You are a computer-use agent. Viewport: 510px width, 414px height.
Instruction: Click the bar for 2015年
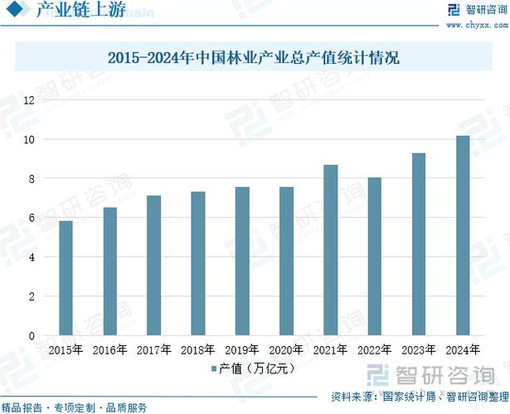point(66,278)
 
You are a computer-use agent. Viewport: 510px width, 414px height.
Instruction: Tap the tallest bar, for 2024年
point(463,235)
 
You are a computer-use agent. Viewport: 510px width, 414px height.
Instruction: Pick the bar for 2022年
point(375,257)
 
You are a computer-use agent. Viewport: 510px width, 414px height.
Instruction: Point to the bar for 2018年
point(198,263)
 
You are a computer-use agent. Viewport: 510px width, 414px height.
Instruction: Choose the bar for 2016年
point(110,272)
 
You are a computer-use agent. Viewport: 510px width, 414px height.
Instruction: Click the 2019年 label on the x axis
point(242,350)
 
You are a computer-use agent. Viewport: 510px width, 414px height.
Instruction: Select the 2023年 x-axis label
point(419,350)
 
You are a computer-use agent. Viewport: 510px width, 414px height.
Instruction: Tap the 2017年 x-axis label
point(154,350)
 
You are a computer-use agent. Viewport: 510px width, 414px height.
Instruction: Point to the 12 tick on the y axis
point(29,100)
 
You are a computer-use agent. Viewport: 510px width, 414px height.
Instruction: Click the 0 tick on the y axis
point(32,335)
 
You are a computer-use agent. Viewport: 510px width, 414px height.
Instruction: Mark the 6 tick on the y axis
point(32,218)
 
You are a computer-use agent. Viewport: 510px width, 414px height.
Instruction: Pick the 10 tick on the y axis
point(29,139)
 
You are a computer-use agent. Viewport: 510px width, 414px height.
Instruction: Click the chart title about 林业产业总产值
point(255,59)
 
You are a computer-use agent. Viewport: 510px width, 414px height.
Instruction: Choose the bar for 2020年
point(287,261)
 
